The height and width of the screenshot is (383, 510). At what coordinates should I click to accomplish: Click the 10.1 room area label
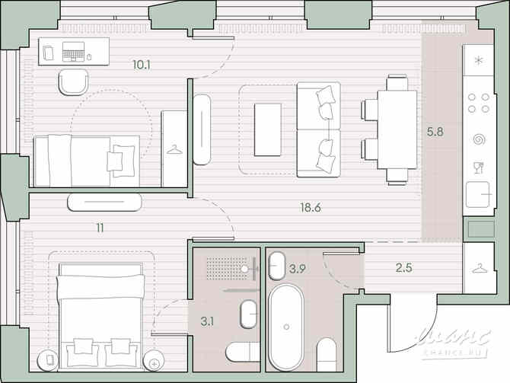pos(141,65)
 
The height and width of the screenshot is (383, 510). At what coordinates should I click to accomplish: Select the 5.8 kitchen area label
pos(435,131)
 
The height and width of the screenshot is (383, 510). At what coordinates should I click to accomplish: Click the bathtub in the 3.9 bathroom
pos(285,326)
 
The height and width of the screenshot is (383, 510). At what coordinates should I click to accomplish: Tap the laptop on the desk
pos(74,52)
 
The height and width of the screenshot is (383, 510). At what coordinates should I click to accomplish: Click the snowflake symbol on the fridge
pos(479,61)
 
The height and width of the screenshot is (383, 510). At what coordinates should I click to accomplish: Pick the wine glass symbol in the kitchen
pos(479,166)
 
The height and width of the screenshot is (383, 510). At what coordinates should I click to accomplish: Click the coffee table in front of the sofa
pos(267,130)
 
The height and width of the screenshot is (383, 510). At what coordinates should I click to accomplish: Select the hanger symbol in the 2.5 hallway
pos(480,267)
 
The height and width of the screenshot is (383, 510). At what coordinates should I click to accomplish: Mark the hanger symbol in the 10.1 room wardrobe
pos(174,150)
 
